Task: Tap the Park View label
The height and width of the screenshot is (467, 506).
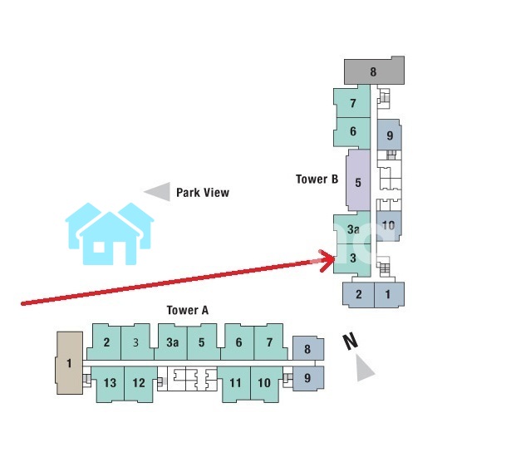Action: tap(202, 193)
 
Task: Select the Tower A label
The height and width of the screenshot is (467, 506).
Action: tap(187, 311)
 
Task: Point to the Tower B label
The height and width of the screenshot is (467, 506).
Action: tap(317, 179)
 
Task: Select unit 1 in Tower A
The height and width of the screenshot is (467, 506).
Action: tap(70, 362)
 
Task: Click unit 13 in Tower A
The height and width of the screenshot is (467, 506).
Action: tap(110, 383)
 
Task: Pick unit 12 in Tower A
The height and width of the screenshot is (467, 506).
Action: tap(139, 383)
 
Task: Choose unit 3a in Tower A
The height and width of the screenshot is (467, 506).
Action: tap(172, 342)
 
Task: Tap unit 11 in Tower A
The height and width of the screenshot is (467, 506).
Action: tap(236, 383)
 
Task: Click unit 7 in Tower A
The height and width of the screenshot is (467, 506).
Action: tap(268, 342)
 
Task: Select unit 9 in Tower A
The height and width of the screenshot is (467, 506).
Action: tap(307, 378)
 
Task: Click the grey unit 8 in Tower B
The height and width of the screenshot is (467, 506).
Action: tap(373, 71)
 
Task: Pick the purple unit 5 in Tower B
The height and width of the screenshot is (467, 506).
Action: tap(357, 183)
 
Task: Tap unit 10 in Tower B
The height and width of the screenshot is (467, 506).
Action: tap(388, 224)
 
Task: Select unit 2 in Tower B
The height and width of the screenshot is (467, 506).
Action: tap(359, 294)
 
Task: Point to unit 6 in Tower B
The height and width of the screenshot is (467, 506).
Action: tap(353, 131)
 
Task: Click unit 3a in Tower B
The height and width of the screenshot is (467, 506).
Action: tap(353, 229)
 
